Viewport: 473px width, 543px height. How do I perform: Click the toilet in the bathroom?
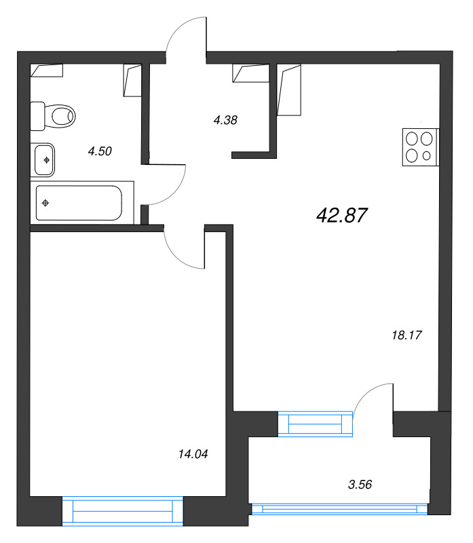click(53, 116)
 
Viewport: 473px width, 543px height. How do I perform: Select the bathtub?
click(79, 203)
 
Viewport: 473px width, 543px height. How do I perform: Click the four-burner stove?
click(421, 147)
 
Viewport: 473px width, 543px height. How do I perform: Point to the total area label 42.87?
click(341, 215)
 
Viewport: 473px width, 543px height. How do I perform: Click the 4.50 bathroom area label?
click(100, 151)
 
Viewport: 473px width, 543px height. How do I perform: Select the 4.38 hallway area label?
click(225, 120)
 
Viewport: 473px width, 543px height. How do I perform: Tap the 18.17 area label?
click(406, 335)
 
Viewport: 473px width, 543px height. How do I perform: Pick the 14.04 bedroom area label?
click(193, 454)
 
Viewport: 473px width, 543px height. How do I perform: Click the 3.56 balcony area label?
click(360, 485)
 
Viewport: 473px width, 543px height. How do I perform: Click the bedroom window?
click(123, 511)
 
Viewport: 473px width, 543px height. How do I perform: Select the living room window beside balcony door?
click(315, 424)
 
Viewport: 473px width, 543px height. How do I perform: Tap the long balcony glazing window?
click(339, 508)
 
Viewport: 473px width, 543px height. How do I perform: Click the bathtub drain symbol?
click(45, 203)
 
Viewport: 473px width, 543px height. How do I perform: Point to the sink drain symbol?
click(46, 160)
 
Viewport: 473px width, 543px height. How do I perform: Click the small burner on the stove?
click(427, 156)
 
